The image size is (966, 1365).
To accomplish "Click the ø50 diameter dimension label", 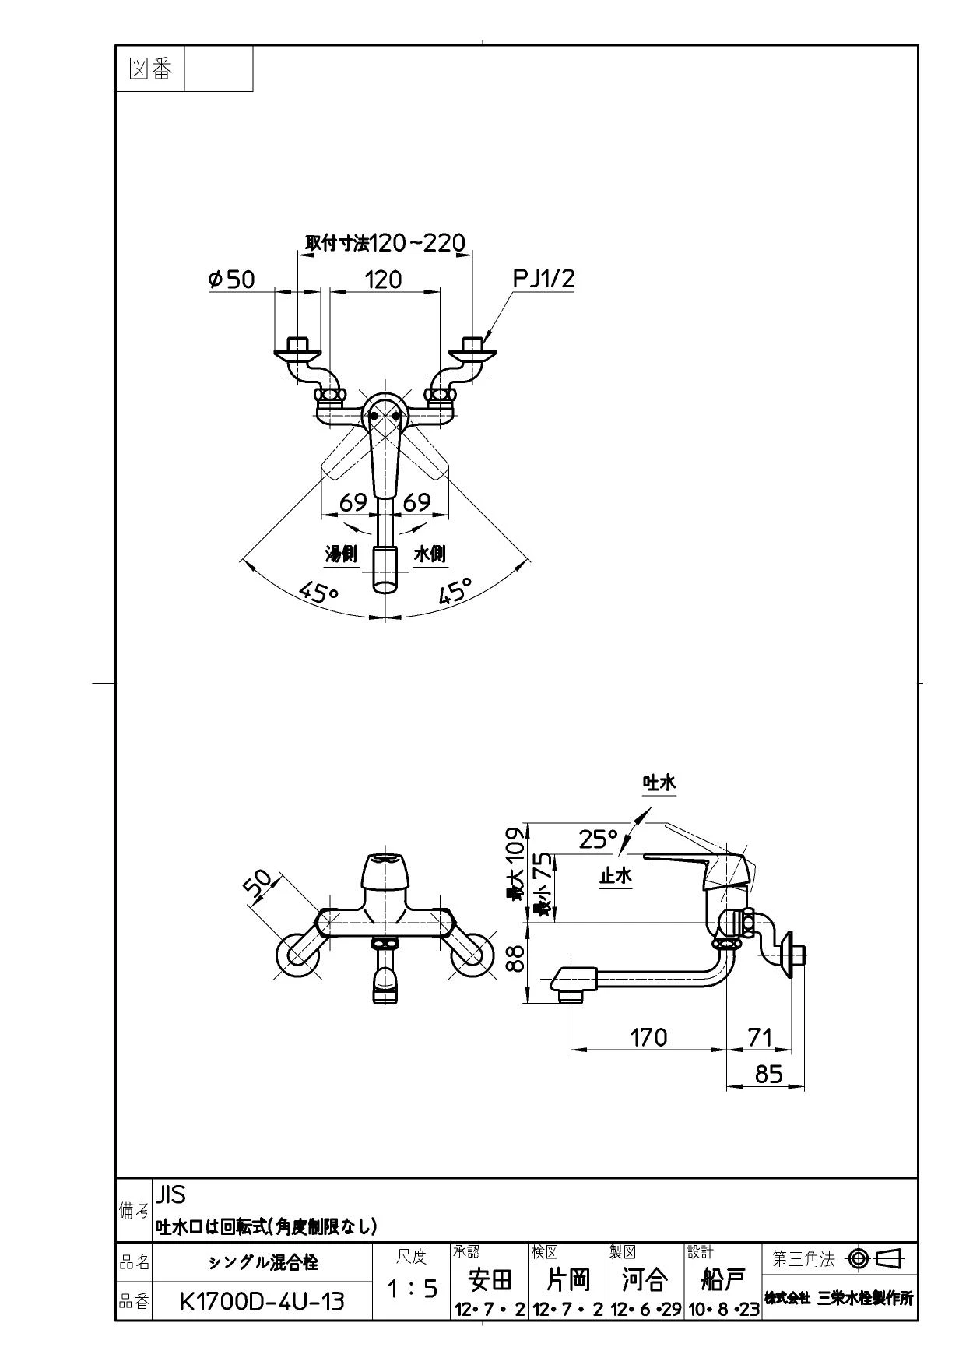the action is click(x=232, y=279).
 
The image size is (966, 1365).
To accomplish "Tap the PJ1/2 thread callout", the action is click(x=544, y=279).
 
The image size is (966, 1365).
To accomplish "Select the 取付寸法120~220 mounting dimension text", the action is click(x=385, y=243).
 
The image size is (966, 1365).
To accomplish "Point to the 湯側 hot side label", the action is click(x=341, y=554).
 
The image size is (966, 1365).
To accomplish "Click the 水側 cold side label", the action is click(x=430, y=554).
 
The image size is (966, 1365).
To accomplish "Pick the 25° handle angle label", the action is click(x=599, y=839).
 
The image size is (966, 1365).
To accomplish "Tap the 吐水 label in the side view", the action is click(x=659, y=783).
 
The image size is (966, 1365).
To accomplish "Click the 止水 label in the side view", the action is click(x=616, y=875).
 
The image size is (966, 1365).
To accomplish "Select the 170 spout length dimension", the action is click(x=648, y=1036).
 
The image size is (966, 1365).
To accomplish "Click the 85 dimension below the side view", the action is click(x=768, y=1074).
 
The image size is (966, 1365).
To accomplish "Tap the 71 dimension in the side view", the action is click(x=760, y=1036).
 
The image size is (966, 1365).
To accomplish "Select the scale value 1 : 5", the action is click(x=412, y=1289).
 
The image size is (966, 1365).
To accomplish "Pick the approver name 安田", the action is click(x=490, y=1279).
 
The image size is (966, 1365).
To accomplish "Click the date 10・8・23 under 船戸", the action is click(x=724, y=1310).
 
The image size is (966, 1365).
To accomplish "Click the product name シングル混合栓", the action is click(x=263, y=1261).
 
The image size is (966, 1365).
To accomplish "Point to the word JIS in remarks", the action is click(x=170, y=1194).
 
